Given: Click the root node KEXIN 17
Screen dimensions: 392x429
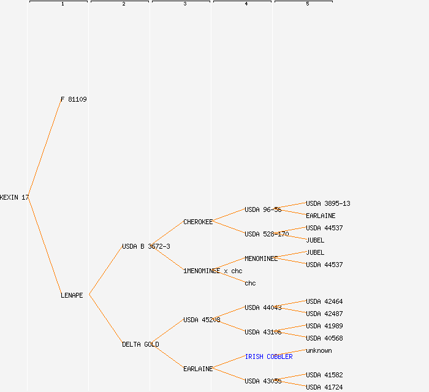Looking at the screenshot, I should coord(14,197).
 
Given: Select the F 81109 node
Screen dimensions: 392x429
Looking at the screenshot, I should coord(74,99).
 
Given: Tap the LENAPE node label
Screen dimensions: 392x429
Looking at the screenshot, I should coord(72,295).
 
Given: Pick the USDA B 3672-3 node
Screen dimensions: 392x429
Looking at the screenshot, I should coord(146,246).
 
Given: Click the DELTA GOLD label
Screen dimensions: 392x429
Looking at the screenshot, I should coord(140,344).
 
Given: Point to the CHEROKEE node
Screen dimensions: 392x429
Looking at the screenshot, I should coord(198,222).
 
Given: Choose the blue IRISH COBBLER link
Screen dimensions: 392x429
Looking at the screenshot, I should coord(268,356).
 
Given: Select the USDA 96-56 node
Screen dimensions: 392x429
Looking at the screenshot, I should coord(263,209).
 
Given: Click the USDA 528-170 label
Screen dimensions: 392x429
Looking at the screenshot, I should coord(267,234).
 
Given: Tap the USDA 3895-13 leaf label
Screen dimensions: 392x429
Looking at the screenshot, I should coord(328,203).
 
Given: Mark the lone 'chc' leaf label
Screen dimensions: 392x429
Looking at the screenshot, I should coord(250,283).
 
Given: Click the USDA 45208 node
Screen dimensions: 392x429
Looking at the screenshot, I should coord(202,320).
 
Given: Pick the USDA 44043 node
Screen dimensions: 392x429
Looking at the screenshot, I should coord(263,307).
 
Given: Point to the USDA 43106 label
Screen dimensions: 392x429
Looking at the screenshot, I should coord(263,332).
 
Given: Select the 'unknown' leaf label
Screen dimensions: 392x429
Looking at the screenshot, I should coord(319,350).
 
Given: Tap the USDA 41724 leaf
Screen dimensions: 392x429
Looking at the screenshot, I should coord(324,387).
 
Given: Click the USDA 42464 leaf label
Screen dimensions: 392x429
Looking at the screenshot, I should coord(324,301).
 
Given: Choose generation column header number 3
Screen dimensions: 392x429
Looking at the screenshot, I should coord(184,4).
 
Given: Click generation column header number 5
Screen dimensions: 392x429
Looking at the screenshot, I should coord(307,4).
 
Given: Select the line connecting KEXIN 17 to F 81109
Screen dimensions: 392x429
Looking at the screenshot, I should coord(45,148).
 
